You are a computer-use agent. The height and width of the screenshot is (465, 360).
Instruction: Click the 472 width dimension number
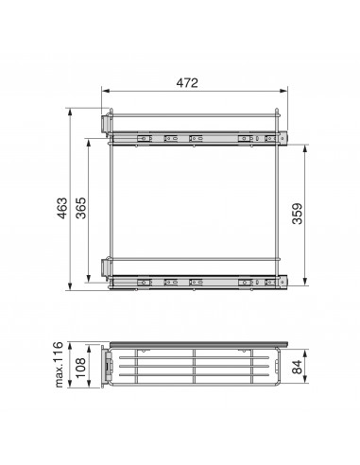coord(186,83)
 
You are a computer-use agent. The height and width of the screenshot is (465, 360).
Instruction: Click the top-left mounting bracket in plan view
coord(105,125)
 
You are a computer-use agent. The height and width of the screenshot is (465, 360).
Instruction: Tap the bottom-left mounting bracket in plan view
coord(105,268)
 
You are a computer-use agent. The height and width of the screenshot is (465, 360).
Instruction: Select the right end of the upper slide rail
coord(282,139)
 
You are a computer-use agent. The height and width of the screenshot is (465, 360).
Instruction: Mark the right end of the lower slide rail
coord(282,281)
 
